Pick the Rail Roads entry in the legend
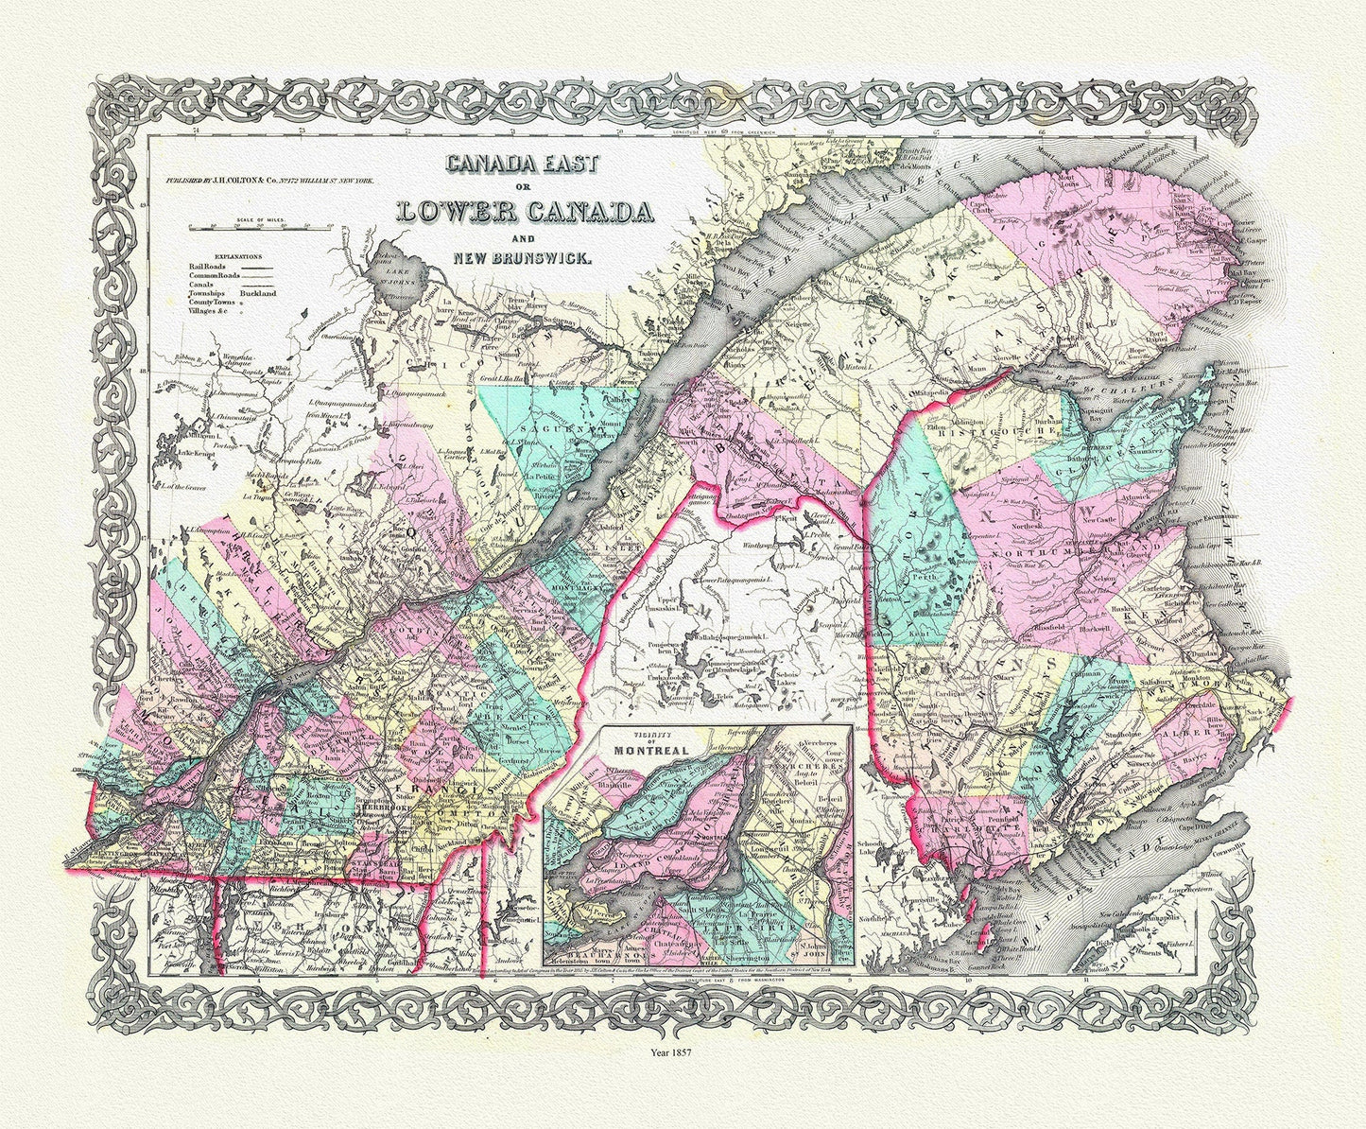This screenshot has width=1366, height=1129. (x=206, y=269)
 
